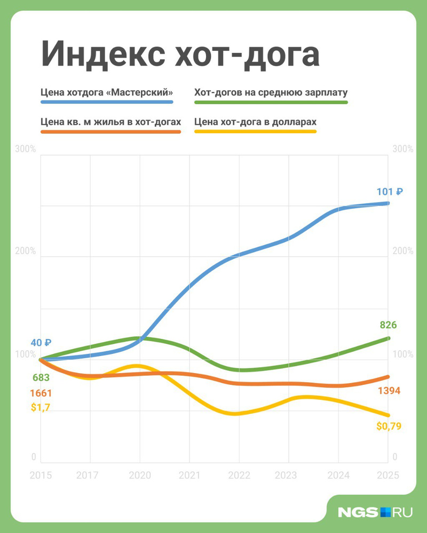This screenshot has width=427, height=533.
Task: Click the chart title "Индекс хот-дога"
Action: tap(180, 53)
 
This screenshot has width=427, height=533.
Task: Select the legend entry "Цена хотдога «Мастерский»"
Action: tap(106, 92)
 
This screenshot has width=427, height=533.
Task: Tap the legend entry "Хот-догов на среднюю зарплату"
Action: tap(271, 92)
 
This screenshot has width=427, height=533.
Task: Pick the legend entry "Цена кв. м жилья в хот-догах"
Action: tap(110, 121)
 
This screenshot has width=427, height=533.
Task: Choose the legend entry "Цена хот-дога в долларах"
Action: tap(256, 121)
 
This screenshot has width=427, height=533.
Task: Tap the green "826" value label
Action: tap(388, 325)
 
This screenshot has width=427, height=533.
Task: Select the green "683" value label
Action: tap(41, 378)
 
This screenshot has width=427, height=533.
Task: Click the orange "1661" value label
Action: tap(41, 393)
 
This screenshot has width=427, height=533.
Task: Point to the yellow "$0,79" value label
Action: tap(388, 426)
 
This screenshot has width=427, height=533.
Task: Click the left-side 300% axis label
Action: tap(26, 149)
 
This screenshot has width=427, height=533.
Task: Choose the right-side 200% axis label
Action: tap(402, 251)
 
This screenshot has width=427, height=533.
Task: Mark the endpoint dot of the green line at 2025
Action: tap(388, 338)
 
